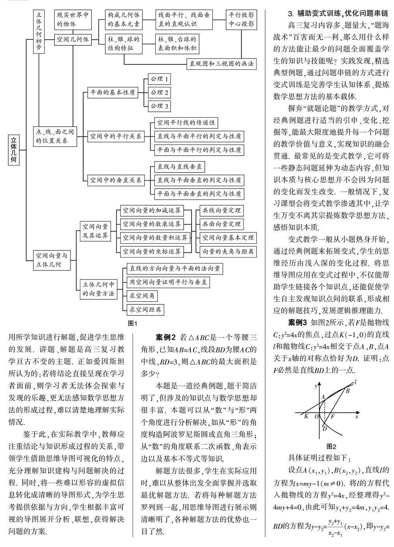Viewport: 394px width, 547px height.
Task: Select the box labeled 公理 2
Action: [x=159, y=93]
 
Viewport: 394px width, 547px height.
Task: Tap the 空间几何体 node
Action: [x=73, y=39]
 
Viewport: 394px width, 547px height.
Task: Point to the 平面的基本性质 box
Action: [x=112, y=93]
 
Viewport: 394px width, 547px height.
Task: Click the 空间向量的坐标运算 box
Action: [x=151, y=251]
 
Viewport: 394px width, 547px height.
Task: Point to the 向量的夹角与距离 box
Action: [x=227, y=251]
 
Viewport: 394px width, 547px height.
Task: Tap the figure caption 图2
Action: [x=331, y=447]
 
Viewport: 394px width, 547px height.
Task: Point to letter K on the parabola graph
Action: [x=306, y=415]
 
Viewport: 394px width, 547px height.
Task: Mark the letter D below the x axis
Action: [x=324, y=428]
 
